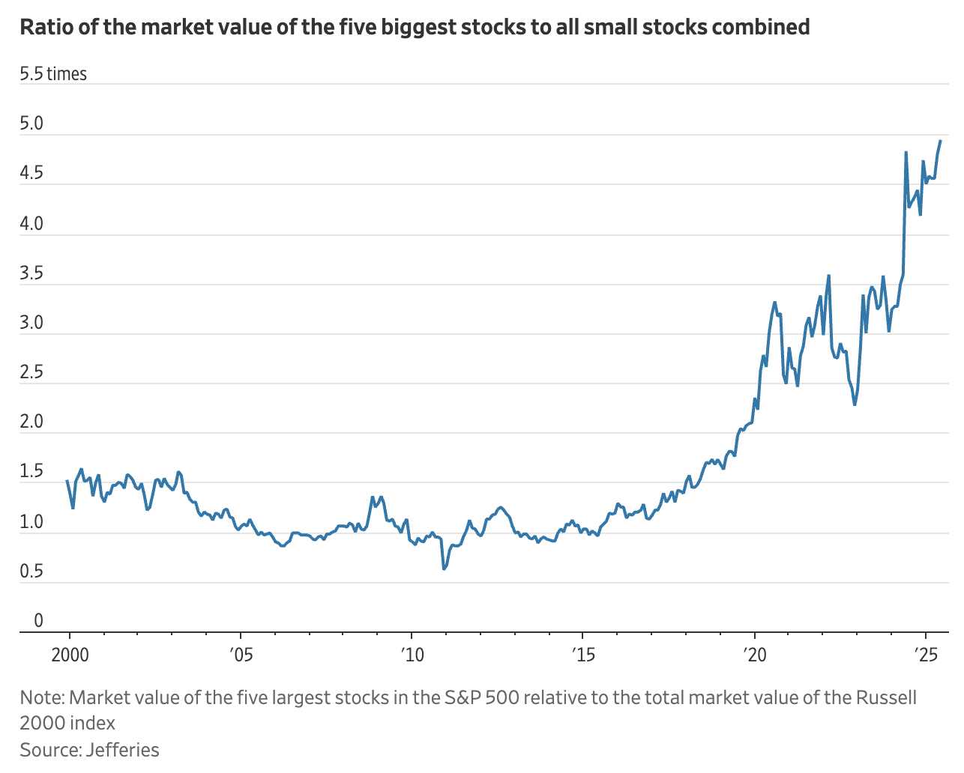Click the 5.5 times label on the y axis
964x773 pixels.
[53, 74]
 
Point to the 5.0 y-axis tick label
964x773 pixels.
[31, 124]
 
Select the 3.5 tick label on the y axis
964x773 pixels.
[31, 273]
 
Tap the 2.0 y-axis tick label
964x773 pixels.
[31, 422]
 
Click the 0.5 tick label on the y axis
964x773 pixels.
[31, 572]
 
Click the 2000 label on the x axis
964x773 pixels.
[69, 655]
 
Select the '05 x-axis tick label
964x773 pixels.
[241, 655]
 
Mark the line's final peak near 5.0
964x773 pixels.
[941, 141]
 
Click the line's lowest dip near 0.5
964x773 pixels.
[444, 569]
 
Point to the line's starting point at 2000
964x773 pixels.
[67, 481]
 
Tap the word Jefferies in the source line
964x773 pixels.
[123, 750]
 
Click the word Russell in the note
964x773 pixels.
[888, 698]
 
